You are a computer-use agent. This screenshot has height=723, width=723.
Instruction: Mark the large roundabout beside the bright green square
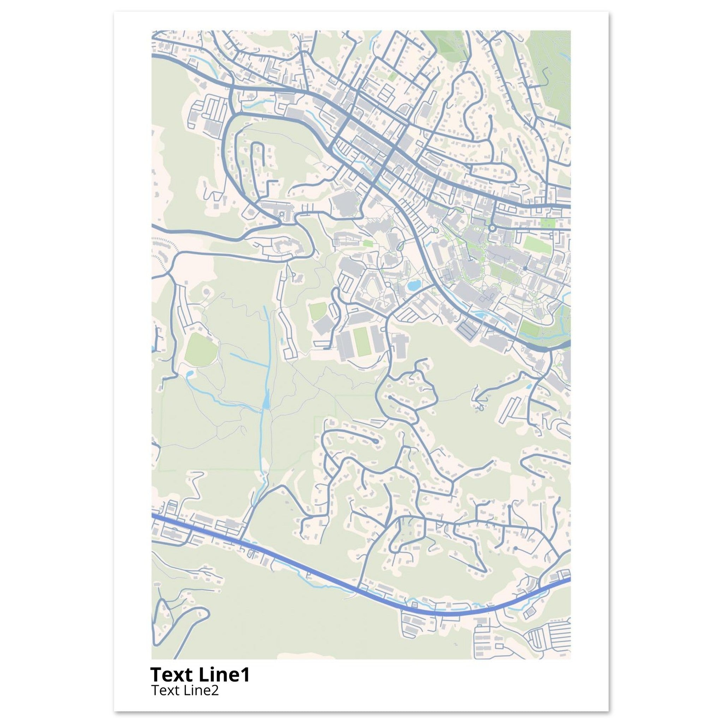tap(492, 228)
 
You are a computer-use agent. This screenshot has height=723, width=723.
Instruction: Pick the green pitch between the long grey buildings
tap(362, 342)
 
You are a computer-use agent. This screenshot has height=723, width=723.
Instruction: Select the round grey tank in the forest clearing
tap(206, 291)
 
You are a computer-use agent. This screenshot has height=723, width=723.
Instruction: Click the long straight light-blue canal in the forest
tap(267, 348)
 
